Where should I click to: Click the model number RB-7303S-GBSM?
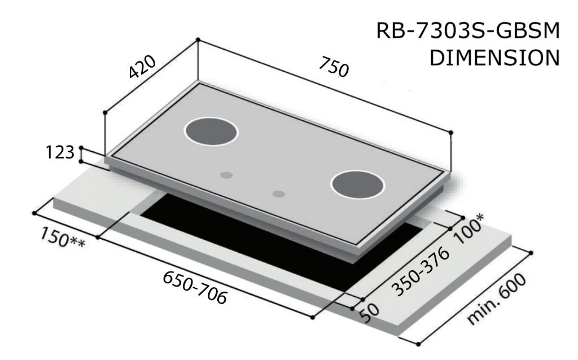click(x=468, y=30)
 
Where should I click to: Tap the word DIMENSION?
click(x=494, y=58)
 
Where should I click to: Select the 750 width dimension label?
click(x=334, y=67)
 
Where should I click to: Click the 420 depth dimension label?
click(x=142, y=67)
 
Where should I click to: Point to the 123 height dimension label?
click(x=60, y=152)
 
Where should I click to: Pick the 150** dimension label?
click(x=63, y=238)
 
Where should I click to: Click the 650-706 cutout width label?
click(x=195, y=288)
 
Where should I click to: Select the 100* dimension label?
click(x=469, y=229)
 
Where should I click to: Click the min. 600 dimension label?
click(x=497, y=299)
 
